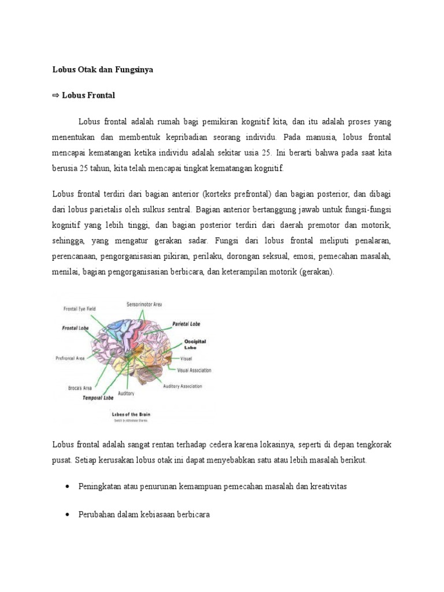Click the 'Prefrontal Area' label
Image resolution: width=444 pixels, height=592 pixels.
(x=70, y=358)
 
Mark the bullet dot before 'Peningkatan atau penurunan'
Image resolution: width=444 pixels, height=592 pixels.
(x=69, y=487)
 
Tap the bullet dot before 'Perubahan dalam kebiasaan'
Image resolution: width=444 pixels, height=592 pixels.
(x=69, y=514)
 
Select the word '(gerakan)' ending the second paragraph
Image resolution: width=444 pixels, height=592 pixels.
(x=316, y=272)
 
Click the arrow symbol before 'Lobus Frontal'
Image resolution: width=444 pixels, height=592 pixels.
(x=56, y=95)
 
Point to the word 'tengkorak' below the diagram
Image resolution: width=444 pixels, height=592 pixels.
(x=373, y=445)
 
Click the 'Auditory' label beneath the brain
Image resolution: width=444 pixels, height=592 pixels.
(x=126, y=394)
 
